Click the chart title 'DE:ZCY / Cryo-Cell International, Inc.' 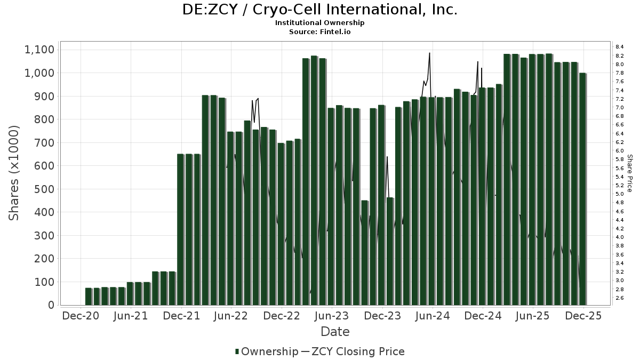pos(320,10)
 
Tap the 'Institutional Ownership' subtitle pos(320,23)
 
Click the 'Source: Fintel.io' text pos(320,31)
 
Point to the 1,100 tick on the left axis pos(39,50)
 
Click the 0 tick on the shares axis pos(51,305)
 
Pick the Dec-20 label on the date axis pos(81,316)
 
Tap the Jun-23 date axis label pos(332,316)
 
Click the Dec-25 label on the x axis pos(583,316)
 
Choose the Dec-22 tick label pos(282,316)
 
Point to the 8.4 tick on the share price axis pos(620,47)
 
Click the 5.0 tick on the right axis pos(620,194)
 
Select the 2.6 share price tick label pos(620,298)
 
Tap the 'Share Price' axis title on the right pos(630,173)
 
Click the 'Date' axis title pos(335,332)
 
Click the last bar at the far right pos(582,189)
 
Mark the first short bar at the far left pos(89,297)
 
